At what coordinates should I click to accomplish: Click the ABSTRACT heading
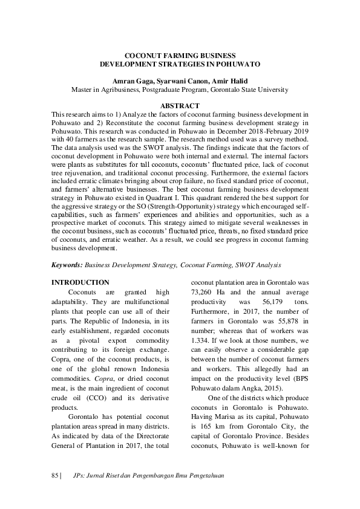pyautogui.click(x=180, y=106)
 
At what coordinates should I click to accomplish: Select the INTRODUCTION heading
pyautogui.click(x=80, y=282)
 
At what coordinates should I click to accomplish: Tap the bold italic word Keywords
pyautogui.click(x=67, y=265)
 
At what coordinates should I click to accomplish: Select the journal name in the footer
pyautogui.click(x=148, y=476)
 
